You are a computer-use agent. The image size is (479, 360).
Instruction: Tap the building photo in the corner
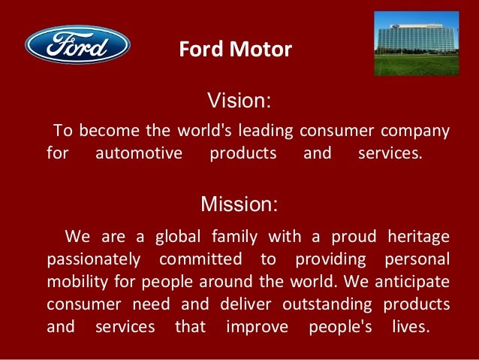tap(416, 44)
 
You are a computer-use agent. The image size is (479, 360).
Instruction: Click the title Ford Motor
tap(235, 50)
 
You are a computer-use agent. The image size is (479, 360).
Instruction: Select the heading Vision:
tap(239, 101)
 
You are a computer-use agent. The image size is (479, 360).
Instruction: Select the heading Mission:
tap(239, 204)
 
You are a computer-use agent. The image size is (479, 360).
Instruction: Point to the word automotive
tap(139, 155)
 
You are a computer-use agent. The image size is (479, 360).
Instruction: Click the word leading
tap(267, 131)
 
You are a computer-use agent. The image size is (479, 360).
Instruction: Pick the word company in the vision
tap(416, 132)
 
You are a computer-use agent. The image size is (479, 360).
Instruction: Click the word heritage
tap(418, 237)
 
